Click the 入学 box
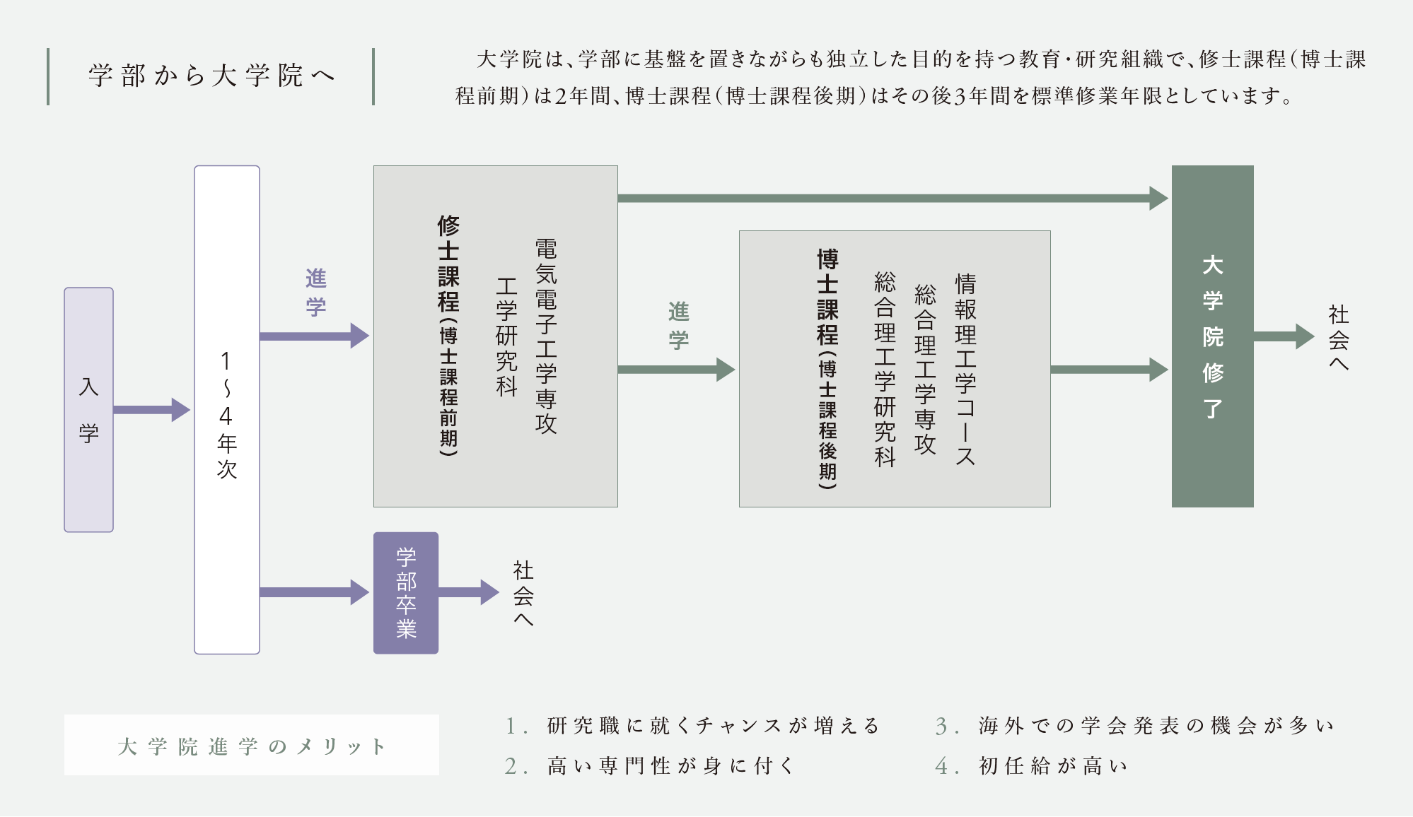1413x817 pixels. pyautogui.click(x=88, y=409)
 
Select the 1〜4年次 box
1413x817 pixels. pyautogui.click(x=226, y=409)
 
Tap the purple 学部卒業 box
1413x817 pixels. pyautogui.click(x=405, y=592)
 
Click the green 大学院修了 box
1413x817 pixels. pyautogui.click(x=1212, y=336)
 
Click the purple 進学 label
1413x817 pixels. pyautogui.click(x=315, y=292)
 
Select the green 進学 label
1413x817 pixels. pyautogui.click(x=678, y=325)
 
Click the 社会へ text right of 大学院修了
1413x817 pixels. pyautogui.click(x=1338, y=337)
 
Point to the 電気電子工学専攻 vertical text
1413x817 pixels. pyautogui.click(x=546, y=336)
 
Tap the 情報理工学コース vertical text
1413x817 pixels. pyautogui.click(x=965, y=369)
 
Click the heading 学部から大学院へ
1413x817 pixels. pyautogui.click(x=211, y=76)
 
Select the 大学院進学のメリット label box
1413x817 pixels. pyautogui.click(x=251, y=746)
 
